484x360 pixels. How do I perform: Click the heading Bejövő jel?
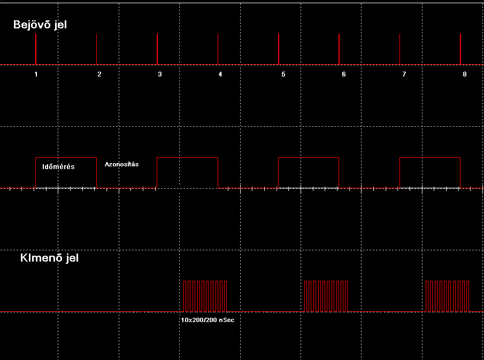[x=40, y=25]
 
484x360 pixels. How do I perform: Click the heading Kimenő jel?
[x=49, y=258]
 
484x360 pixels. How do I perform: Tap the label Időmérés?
[x=58, y=167]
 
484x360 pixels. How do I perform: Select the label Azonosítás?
[x=121, y=164]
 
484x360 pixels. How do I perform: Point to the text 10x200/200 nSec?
[x=208, y=320]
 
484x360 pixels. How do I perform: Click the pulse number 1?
[x=36, y=74]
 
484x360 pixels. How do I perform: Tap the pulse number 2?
[x=99, y=74]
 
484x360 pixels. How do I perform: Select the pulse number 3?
[x=160, y=74]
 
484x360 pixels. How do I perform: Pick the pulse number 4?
[x=220, y=74]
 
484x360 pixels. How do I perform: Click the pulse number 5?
[x=283, y=74]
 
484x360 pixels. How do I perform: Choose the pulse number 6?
[x=344, y=74]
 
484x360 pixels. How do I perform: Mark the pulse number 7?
[x=404, y=74]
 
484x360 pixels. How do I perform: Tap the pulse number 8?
[x=465, y=74]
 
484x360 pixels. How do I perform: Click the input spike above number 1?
[x=36, y=49]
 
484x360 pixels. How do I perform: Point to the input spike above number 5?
[x=279, y=49]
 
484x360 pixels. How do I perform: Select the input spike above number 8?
[x=460, y=49]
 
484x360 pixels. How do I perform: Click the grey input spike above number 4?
[x=218, y=49]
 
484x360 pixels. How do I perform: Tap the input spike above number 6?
[x=339, y=49]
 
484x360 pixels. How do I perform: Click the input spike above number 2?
[x=97, y=49]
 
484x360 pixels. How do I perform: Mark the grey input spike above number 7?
[x=400, y=49]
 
